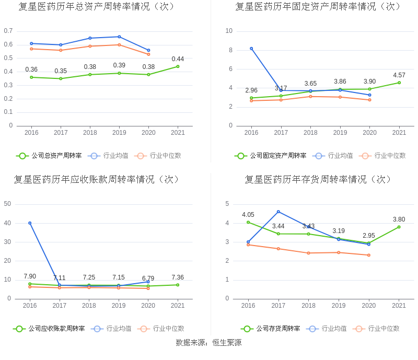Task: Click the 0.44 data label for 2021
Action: click(178, 59)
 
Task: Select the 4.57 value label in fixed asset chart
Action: click(399, 75)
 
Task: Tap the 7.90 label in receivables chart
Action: click(30, 276)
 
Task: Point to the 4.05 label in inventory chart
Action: click(248, 215)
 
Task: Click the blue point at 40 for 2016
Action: click(30, 223)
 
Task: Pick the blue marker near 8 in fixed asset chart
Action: click(251, 49)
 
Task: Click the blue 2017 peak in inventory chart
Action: click(278, 212)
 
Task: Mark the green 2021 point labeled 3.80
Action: click(399, 227)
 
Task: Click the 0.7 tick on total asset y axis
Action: click(8, 31)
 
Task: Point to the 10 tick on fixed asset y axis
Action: click(229, 31)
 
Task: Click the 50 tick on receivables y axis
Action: click(7, 204)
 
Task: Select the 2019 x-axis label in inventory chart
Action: click(339, 306)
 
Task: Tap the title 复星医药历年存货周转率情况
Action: click(318, 179)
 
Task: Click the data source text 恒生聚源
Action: click(227, 343)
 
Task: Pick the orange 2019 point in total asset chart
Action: click(119, 45)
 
